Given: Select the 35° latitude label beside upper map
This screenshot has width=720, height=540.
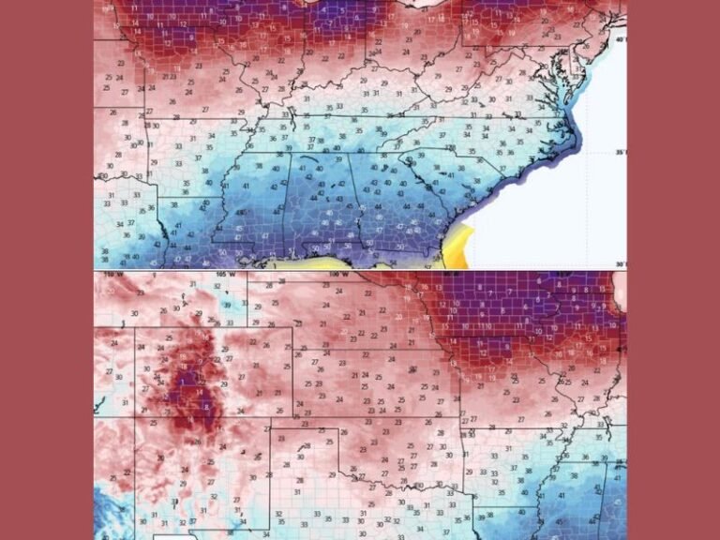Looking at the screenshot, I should (x=619, y=152).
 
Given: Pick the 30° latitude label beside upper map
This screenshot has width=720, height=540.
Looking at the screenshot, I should (x=619, y=264).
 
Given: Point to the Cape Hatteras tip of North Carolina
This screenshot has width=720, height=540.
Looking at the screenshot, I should (x=576, y=141).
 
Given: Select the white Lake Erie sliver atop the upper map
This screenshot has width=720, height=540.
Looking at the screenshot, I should (x=427, y=4).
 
